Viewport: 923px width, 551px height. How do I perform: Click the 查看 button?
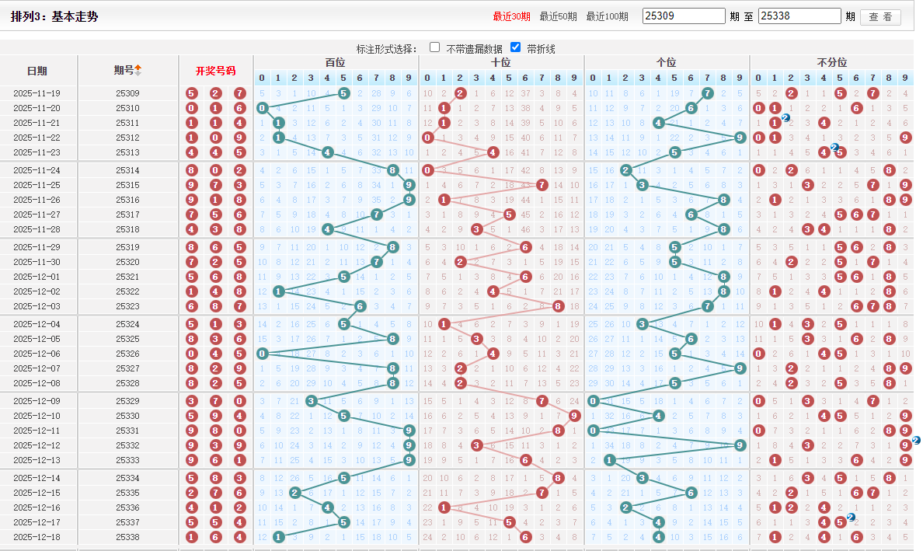880,17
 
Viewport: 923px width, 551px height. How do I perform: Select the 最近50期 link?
558,16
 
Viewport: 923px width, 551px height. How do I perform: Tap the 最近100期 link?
607,16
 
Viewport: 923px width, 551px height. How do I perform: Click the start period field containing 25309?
684,16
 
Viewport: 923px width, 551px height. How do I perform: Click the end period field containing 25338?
799,16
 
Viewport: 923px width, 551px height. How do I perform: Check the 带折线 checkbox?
515,47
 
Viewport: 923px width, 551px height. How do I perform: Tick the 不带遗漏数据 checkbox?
435,47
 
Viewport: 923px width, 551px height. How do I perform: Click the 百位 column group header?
336,62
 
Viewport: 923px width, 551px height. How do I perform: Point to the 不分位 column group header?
832,62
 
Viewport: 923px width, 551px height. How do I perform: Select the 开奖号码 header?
215,71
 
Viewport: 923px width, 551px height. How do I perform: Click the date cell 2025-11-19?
37,93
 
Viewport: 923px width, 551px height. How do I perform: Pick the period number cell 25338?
127,537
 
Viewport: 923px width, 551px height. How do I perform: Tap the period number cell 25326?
127,354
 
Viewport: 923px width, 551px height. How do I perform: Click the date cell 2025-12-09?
37,401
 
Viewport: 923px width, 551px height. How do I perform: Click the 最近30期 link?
511,16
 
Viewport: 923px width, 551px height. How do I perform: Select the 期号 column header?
124,71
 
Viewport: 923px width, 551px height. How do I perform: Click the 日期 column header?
37,71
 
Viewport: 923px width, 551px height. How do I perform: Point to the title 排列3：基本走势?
54,16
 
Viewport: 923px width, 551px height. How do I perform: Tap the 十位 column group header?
501,62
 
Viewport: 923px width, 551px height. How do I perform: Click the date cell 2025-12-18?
37,537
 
